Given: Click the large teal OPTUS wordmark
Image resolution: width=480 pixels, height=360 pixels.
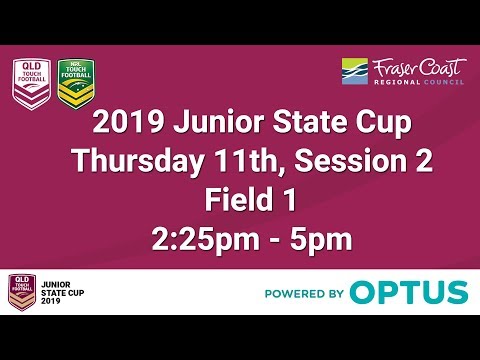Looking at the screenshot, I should (x=410, y=293).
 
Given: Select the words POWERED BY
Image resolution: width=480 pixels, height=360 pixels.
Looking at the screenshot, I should (x=305, y=294).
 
